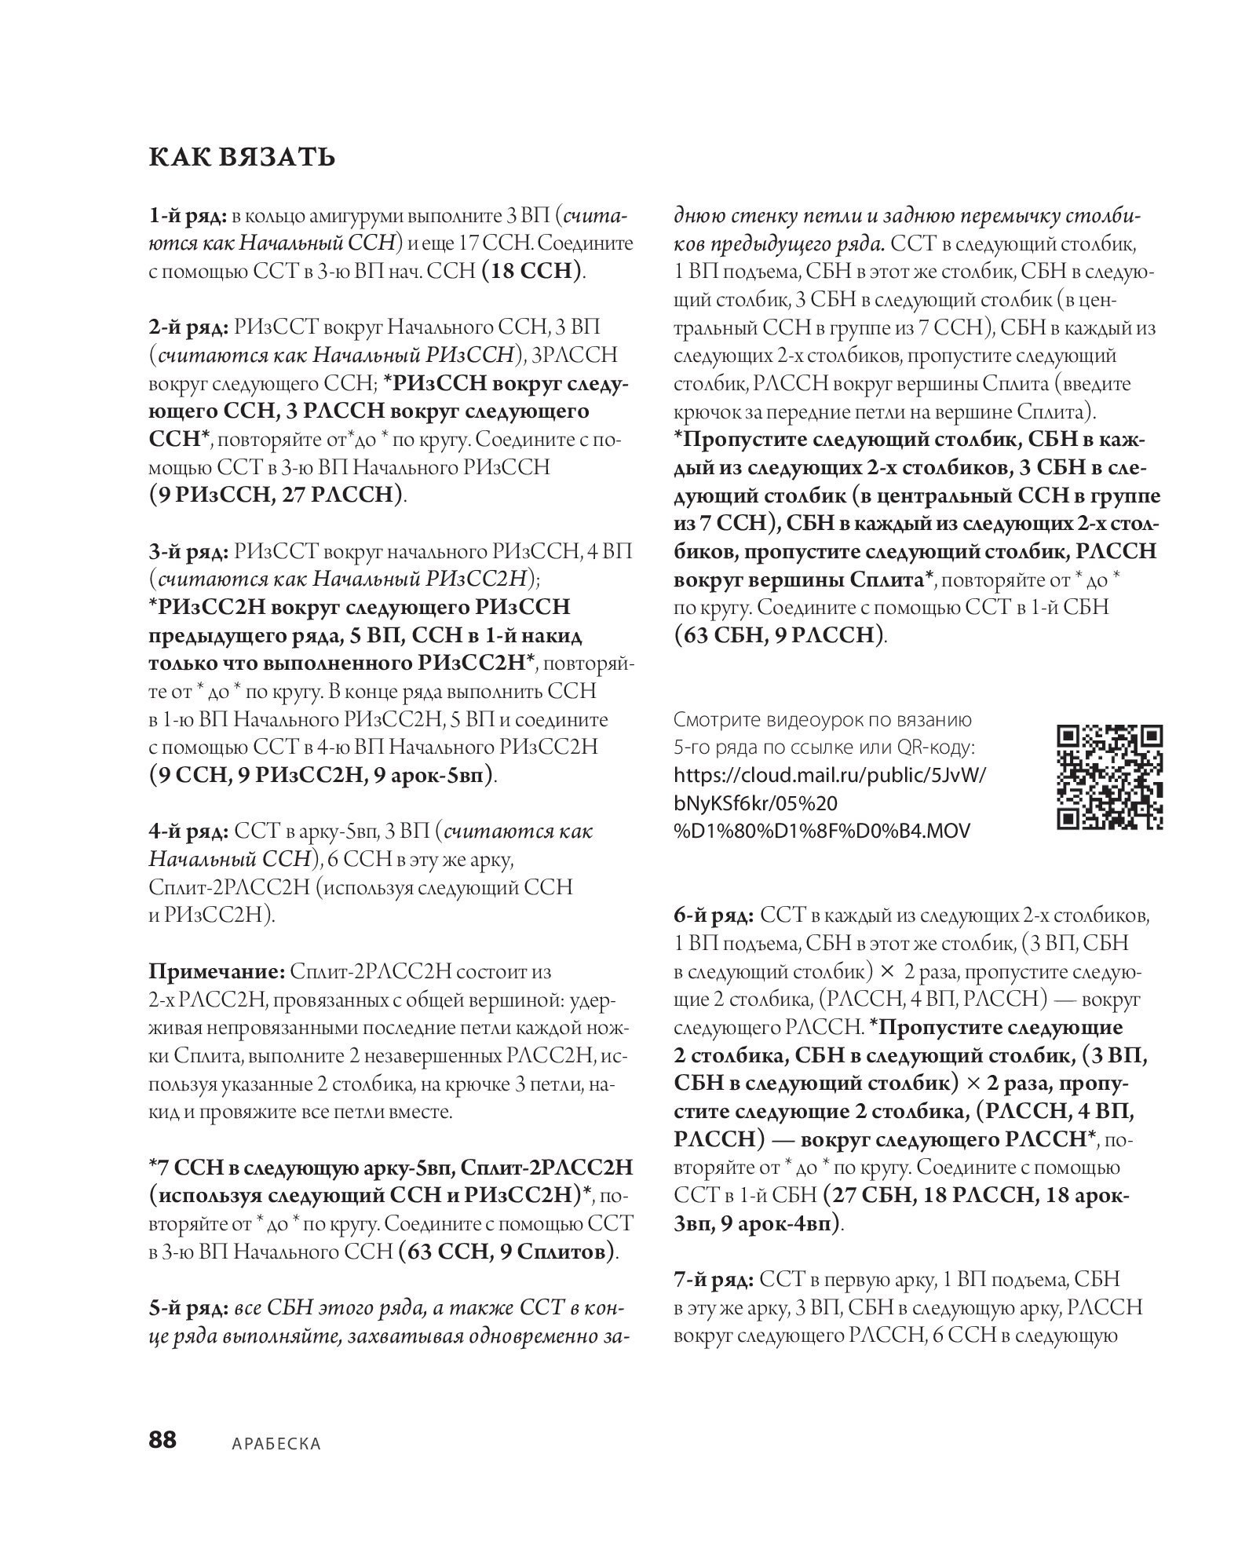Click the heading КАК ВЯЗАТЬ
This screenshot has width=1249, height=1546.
[242, 158]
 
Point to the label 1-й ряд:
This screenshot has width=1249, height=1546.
[188, 215]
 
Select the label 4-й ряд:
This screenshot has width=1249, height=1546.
[188, 831]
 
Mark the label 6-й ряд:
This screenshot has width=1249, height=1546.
[714, 916]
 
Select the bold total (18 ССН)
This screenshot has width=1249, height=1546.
[533, 272]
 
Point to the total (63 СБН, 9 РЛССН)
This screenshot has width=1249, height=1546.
[780, 635]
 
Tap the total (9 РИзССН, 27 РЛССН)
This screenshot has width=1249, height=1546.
[277, 495]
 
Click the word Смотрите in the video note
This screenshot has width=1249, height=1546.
[715, 719]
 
